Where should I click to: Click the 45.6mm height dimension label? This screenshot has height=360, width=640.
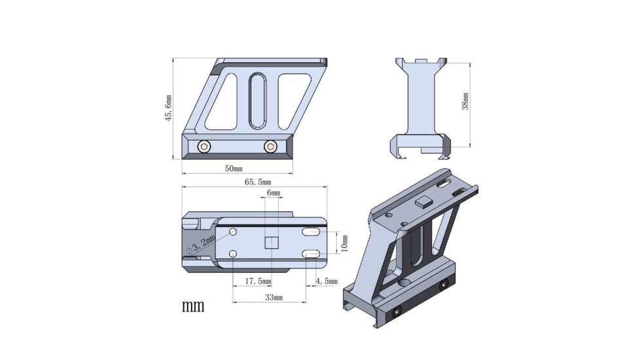168,108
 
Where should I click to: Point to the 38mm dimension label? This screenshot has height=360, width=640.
465,101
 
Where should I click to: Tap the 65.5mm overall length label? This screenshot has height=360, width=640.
258,182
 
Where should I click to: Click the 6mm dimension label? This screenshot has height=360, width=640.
273,193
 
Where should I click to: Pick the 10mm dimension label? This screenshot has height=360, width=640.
345,243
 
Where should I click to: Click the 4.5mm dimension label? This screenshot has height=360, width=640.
326,281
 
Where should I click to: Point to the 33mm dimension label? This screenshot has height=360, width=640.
270,298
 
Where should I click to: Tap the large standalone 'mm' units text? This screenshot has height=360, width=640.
193,306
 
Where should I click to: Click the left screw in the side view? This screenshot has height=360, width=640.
204,147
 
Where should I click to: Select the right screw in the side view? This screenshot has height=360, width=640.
270,147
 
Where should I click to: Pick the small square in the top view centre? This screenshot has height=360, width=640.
271,243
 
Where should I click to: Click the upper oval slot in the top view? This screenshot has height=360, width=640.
311,232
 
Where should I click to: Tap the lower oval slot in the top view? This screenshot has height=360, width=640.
311,254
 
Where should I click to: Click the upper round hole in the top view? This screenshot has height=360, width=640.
233,232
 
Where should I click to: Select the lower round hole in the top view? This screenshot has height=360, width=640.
233,254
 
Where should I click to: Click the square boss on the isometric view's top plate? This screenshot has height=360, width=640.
423,202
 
